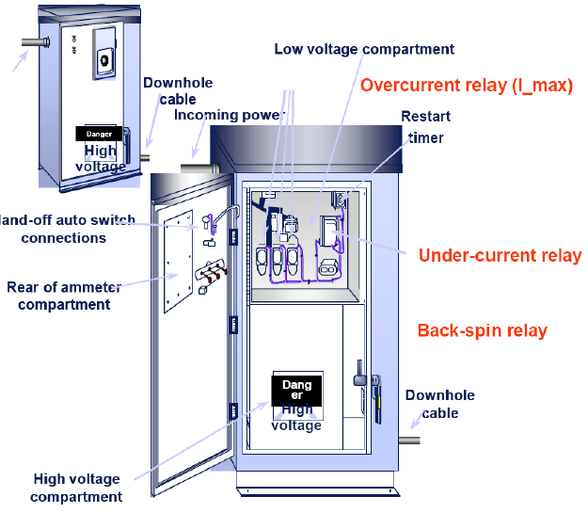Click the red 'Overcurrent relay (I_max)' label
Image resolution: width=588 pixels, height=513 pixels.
click(467, 86)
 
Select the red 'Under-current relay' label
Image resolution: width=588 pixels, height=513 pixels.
click(500, 255)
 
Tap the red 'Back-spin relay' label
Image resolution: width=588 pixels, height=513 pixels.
click(483, 330)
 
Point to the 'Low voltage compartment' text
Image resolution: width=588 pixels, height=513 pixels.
click(364, 49)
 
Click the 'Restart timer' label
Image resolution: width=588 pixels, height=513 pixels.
click(426, 126)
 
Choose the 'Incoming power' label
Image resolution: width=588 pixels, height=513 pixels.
click(229, 115)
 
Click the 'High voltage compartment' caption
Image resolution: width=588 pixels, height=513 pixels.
click(77, 488)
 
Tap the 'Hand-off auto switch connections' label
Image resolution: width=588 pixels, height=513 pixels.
click(66, 229)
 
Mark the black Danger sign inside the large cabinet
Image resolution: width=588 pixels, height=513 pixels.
click(296, 390)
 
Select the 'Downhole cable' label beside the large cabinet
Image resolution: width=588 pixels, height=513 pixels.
click(439, 404)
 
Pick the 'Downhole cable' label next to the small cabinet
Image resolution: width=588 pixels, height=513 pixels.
click(178, 89)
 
